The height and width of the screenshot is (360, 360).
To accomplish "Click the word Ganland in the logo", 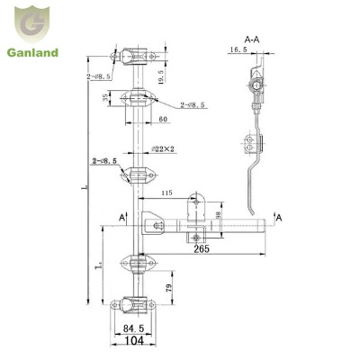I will [x=34, y=53].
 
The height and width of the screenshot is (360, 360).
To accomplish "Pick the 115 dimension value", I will [x=166, y=193].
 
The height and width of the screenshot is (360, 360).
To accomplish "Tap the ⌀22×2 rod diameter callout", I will [x=164, y=148].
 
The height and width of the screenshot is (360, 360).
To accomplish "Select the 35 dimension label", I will [x=106, y=96].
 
